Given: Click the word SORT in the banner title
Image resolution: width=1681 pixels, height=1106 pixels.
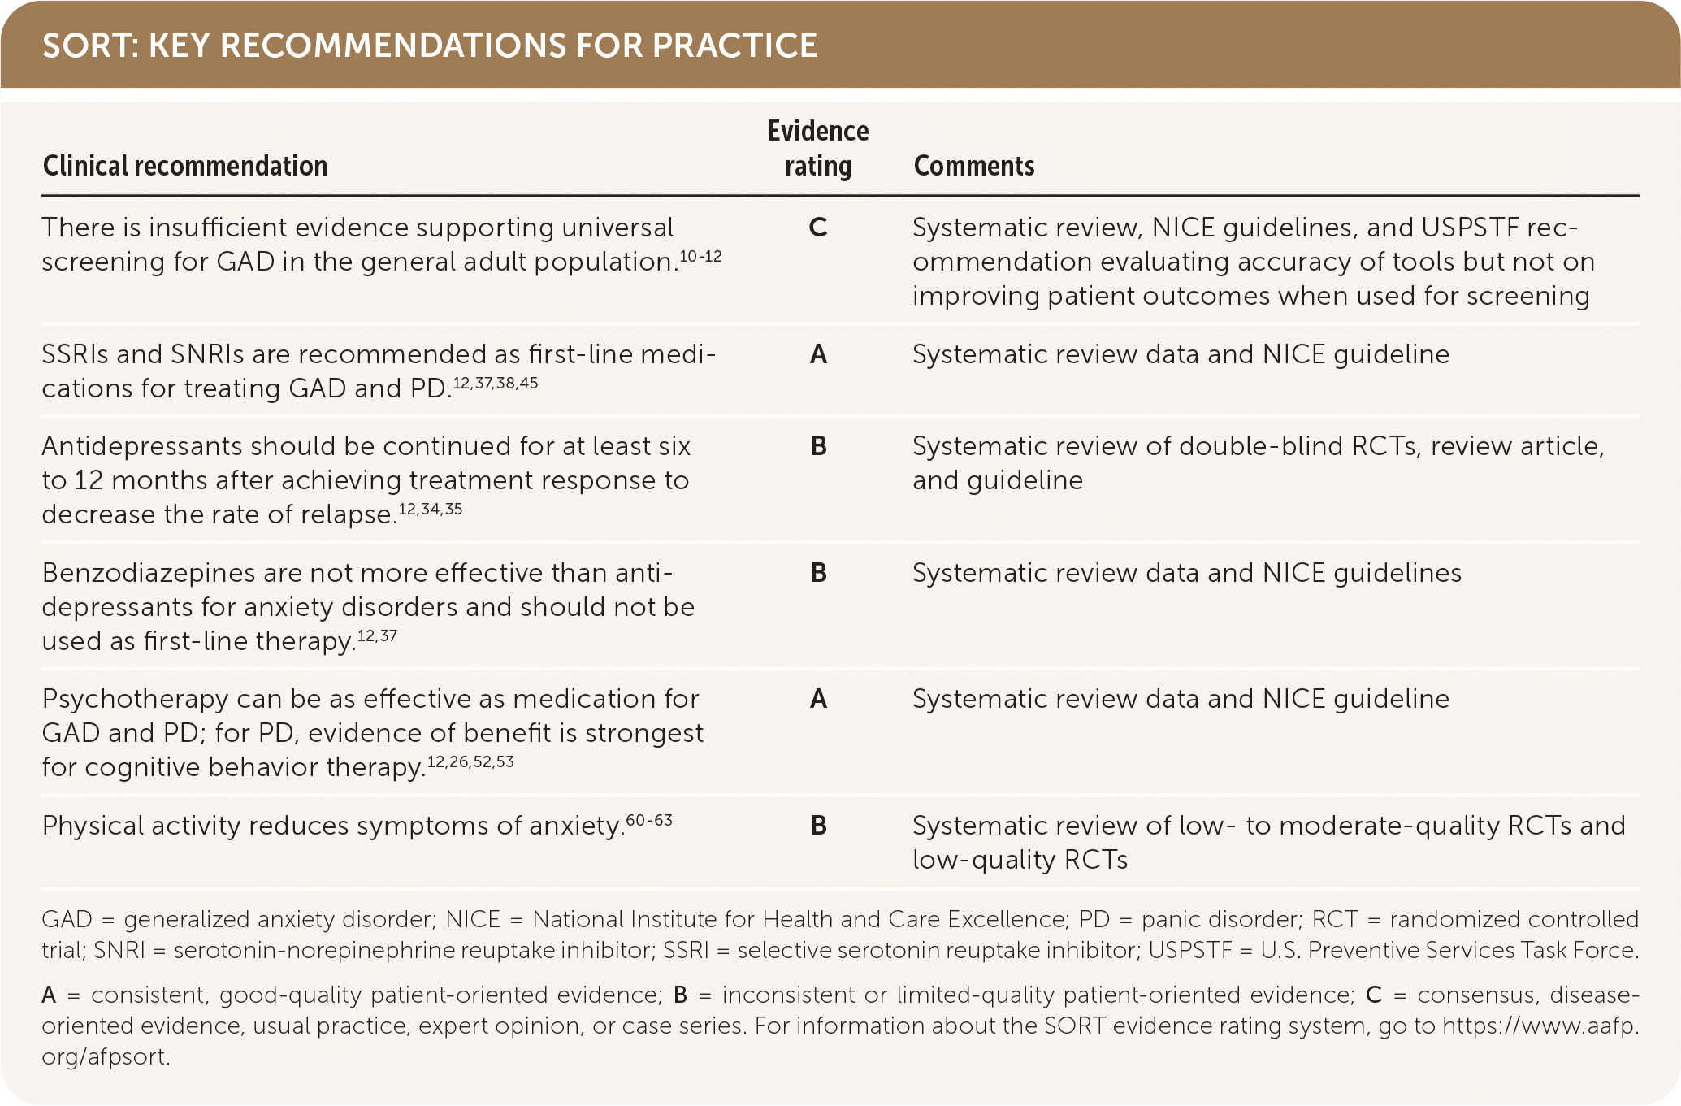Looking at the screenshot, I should tap(89, 46).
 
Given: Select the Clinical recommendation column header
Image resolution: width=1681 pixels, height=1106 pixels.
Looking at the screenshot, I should tap(185, 166).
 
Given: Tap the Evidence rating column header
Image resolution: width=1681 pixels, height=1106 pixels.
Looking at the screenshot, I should tap(818, 148).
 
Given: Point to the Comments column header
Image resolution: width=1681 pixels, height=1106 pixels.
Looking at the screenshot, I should tap(974, 166).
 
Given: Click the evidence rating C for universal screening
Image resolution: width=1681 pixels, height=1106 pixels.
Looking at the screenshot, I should tap(818, 228).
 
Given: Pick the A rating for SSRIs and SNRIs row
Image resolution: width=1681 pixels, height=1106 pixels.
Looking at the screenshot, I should tap(818, 354).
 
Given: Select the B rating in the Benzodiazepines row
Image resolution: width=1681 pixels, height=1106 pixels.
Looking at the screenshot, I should tap(818, 573).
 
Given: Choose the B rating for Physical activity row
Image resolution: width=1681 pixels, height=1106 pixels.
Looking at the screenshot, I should tap(818, 826).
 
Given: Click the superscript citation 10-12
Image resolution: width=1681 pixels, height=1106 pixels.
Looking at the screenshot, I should tap(700, 257).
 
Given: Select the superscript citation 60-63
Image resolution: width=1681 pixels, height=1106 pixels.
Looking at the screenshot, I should tap(649, 820).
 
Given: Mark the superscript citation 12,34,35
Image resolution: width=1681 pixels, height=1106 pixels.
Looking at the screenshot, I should tap(430, 510).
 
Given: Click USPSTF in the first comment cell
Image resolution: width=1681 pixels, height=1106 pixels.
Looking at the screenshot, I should tap(1470, 228).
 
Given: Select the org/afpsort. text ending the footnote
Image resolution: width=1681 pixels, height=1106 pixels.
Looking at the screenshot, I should tap(106, 1056).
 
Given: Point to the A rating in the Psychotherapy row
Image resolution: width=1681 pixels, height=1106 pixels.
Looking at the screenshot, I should tap(818, 699).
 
